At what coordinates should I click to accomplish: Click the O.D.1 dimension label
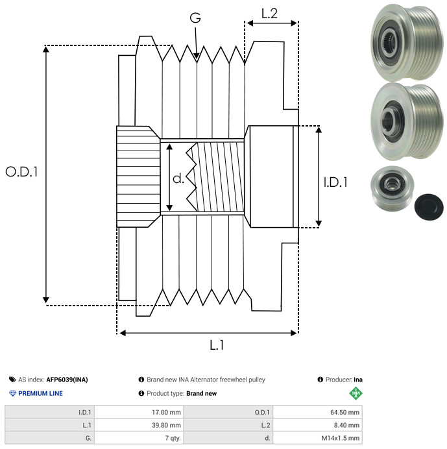pos(22,172)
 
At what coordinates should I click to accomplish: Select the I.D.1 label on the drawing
pos(335,183)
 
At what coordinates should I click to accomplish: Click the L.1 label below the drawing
pos(217,346)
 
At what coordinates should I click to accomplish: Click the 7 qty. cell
pos(172,438)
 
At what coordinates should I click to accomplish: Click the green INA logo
pos(355,393)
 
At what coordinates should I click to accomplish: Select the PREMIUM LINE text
pos(40,393)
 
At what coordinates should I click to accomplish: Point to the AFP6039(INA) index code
pos(68,380)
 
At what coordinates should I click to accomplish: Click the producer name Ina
pos(358,380)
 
